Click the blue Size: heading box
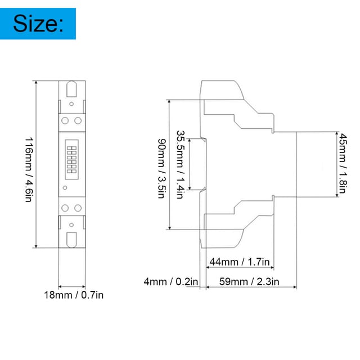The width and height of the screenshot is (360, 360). coord(38,24)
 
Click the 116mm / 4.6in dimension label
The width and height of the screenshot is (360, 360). coord(29,170)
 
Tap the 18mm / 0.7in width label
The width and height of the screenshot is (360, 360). coord(74,295)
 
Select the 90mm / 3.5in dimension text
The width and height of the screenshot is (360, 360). coord(161,168)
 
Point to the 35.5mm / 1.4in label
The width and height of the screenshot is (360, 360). coord(181,164)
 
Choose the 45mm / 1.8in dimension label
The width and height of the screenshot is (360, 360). coord(343,163)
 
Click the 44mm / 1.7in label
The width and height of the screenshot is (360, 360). coord(240,262)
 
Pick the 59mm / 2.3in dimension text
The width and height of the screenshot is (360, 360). coord(249,282)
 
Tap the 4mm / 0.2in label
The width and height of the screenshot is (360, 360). coord(171,282)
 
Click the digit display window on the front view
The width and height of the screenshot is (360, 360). coord(71,159)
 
